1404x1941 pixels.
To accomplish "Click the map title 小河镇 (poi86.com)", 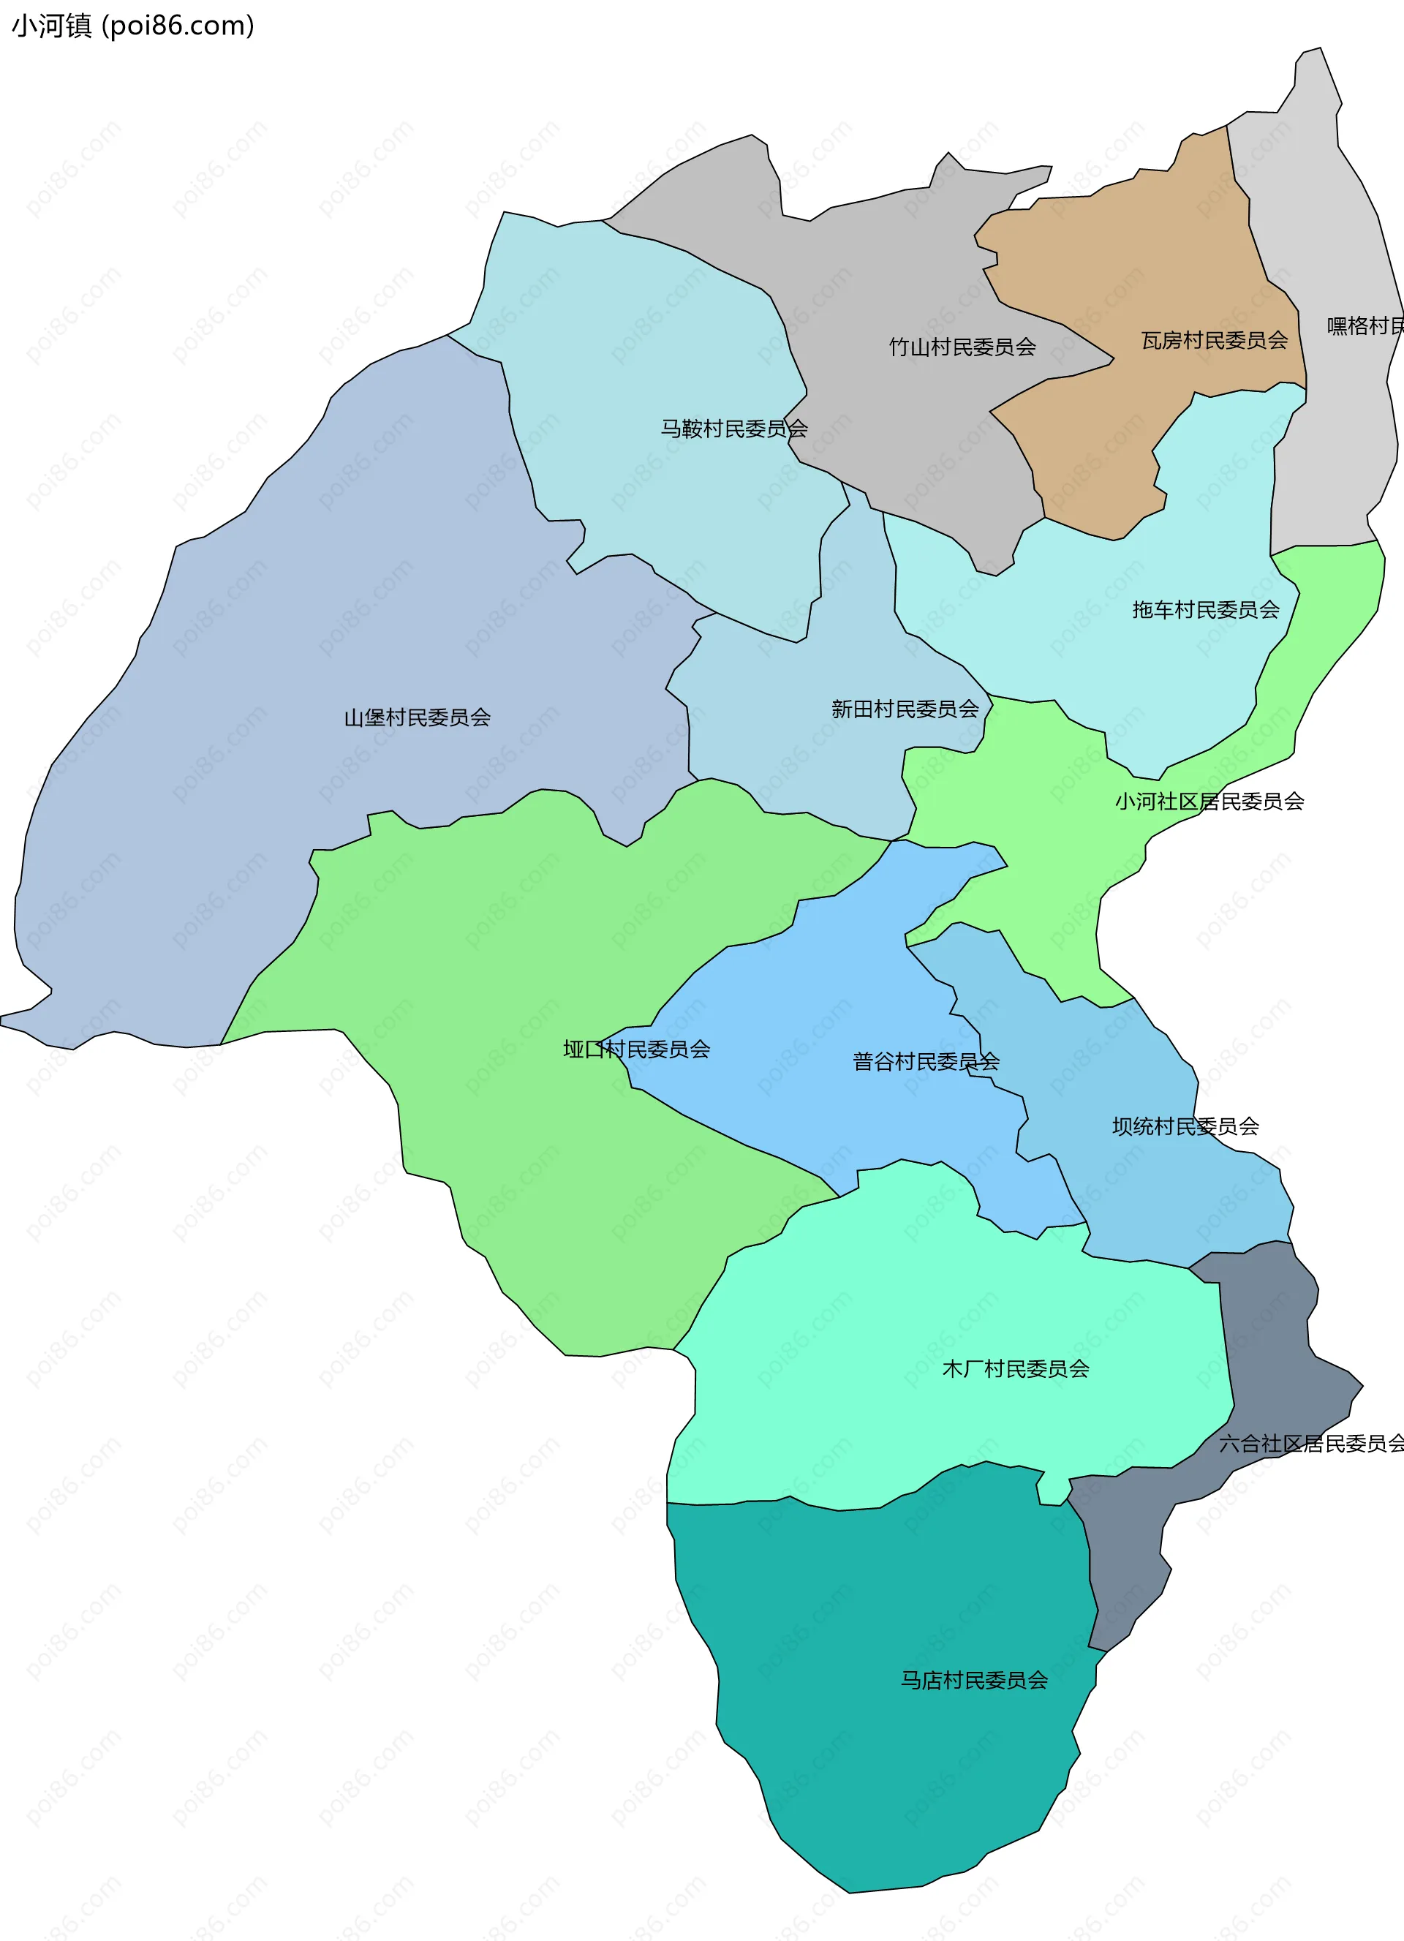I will point(132,26).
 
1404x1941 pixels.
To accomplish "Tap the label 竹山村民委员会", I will point(962,347).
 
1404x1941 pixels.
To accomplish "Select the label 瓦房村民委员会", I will point(1214,341).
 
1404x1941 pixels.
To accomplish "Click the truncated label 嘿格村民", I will point(1365,326).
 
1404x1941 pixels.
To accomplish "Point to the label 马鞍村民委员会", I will point(733,429).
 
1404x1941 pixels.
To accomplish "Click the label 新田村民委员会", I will point(905,709).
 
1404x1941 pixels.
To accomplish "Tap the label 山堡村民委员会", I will point(417,718).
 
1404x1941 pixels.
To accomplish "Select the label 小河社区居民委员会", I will point(1208,802).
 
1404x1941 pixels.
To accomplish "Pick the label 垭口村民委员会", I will point(635,1050).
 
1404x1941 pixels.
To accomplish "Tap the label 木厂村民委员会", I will point(1015,1369).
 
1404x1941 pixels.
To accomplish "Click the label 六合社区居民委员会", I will point(1310,1444).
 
